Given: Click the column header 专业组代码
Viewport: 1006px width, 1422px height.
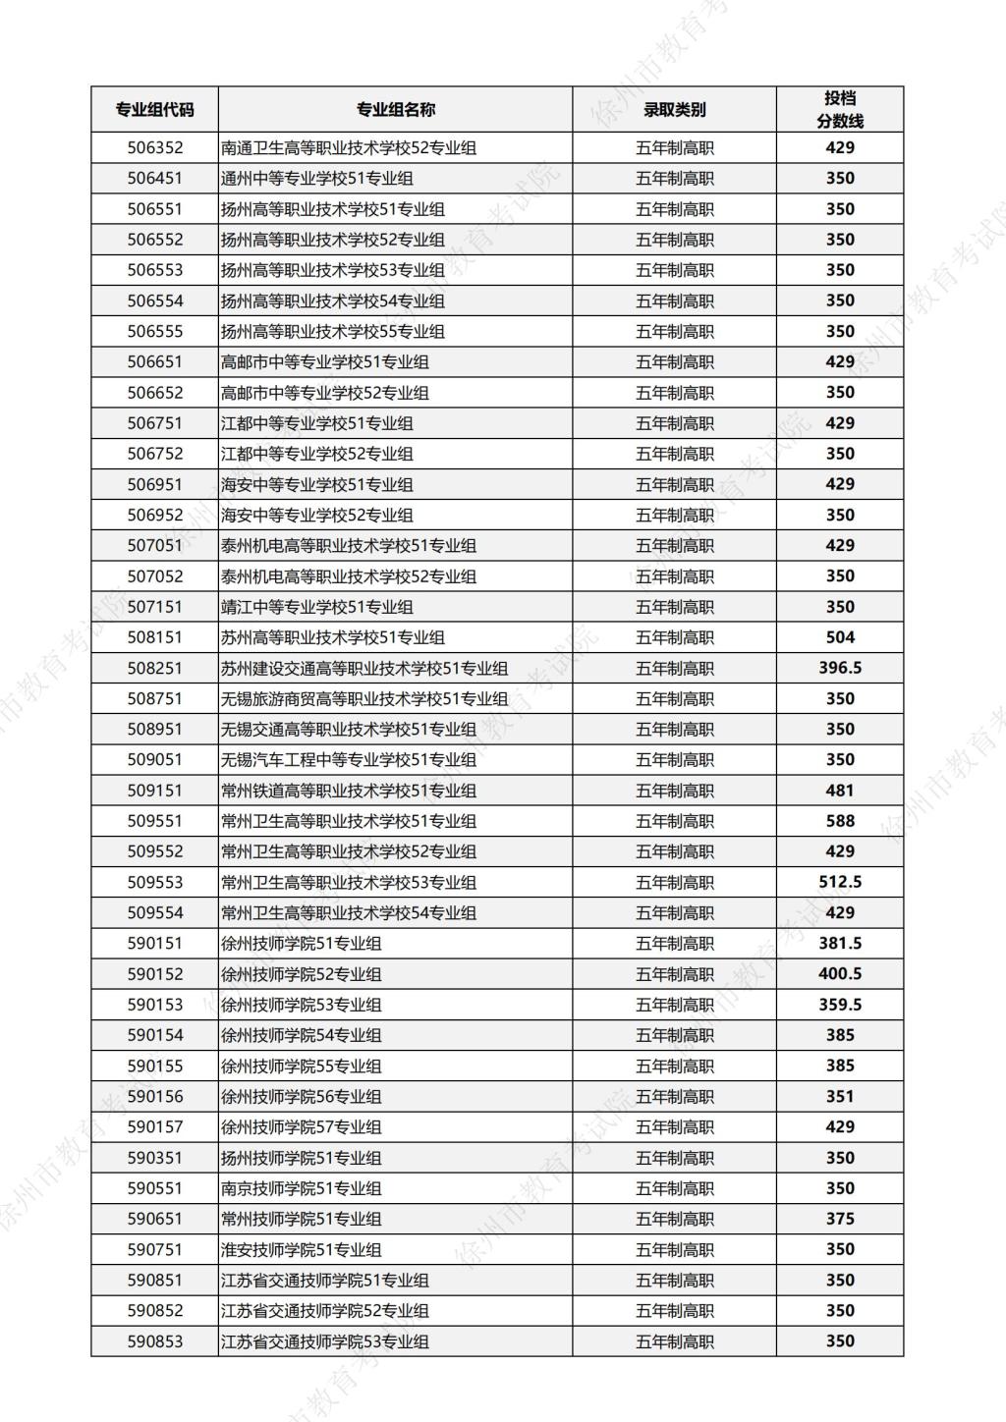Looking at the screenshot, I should (x=154, y=110).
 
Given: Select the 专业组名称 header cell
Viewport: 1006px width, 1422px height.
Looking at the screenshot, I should (x=395, y=110).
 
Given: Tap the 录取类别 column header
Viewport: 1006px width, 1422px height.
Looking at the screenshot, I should (x=674, y=110).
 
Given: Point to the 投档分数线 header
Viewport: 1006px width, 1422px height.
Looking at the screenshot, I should (x=840, y=110).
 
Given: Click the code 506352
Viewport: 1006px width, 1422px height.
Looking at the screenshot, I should (x=154, y=148).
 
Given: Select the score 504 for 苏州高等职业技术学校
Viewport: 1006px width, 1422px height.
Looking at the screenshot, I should (x=840, y=637).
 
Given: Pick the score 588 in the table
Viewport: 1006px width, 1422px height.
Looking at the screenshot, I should (x=840, y=821).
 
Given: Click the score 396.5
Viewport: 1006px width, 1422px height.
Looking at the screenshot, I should (x=840, y=668).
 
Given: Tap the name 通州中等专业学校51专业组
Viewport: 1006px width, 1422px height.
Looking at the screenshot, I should (x=316, y=179).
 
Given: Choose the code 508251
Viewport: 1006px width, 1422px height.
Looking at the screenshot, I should (x=154, y=668).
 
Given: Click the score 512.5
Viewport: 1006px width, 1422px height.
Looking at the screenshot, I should (x=840, y=882).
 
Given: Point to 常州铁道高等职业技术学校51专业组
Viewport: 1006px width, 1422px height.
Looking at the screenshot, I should (x=348, y=791).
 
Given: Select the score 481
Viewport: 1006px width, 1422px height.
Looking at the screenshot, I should (x=840, y=791).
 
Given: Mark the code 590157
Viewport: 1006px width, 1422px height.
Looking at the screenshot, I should (x=154, y=1126).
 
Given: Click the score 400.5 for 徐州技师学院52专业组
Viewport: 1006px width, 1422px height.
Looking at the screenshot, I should (x=840, y=974).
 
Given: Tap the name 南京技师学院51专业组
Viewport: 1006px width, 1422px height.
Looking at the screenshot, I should (x=301, y=1188).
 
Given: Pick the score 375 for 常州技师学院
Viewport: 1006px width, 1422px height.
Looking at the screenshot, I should (x=840, y=1219).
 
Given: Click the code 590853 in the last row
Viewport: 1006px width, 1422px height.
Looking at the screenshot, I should (x=154, y=1341).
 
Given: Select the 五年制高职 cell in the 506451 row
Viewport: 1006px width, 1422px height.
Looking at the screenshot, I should (x=674, y=179).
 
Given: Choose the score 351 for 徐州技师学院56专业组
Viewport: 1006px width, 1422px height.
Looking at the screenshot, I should (x=840, y=1096).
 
